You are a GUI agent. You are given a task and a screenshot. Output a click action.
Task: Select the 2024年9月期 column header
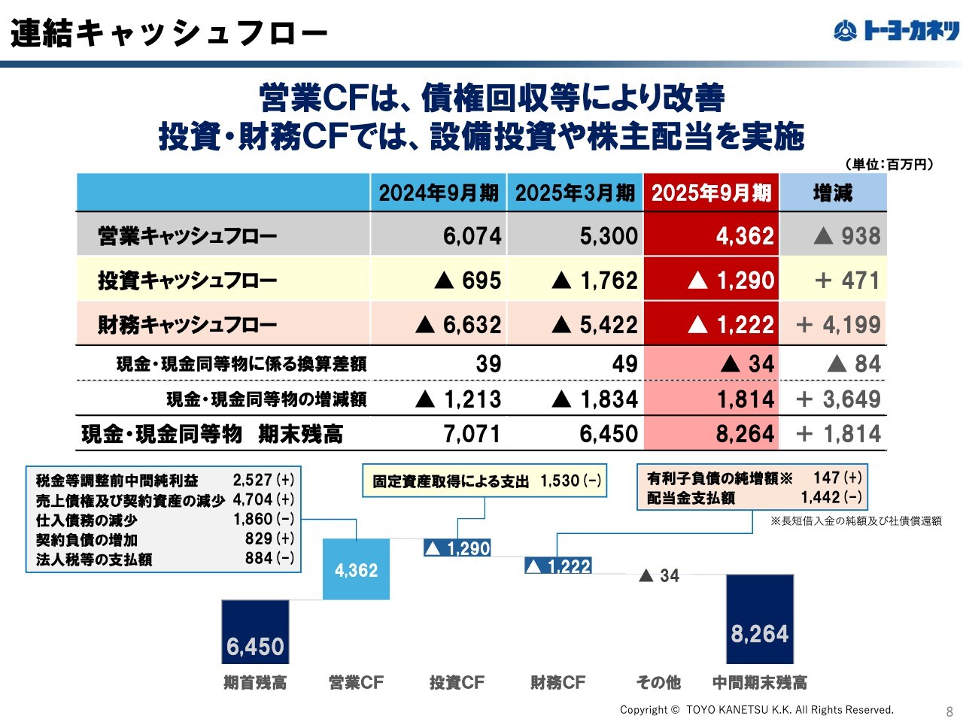point(439,193)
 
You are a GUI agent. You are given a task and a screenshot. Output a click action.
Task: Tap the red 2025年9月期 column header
point(711,193)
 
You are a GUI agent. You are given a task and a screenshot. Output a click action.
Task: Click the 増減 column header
point(833,193)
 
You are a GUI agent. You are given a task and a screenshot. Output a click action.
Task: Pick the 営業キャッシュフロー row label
point(187,236)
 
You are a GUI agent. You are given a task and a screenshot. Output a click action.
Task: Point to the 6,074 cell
point(472,236)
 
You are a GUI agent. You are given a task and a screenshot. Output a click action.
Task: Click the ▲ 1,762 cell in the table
point(594,281)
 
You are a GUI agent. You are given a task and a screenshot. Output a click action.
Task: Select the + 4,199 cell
point(838,325)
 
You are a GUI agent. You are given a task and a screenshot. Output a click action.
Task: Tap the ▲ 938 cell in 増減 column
point(846,236)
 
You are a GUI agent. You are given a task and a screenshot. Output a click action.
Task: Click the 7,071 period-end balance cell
point(472,434)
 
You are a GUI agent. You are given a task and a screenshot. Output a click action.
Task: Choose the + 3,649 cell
point(838,399)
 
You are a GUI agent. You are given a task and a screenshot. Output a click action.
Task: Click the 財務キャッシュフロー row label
point(187,325)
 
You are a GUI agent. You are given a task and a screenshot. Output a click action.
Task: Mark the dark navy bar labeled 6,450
point(255,632)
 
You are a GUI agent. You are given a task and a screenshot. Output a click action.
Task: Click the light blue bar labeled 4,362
point(356,569)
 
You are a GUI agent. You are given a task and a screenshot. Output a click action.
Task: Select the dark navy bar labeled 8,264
point(759,619)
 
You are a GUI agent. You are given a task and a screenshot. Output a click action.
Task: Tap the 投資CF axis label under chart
point(457,683)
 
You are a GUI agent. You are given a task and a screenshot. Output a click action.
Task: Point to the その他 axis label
point(658,683)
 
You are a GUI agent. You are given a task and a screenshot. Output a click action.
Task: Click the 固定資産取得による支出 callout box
point(485,481)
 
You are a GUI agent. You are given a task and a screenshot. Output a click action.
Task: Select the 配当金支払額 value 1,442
point(820,497)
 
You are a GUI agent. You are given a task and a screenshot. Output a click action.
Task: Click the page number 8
point(949,711)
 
